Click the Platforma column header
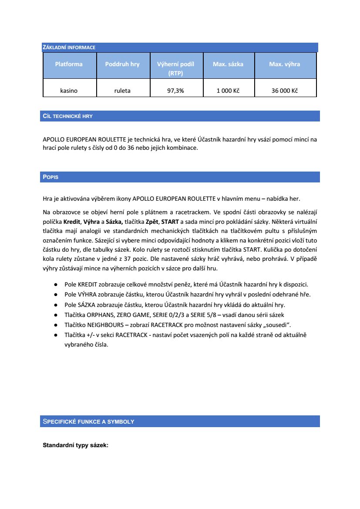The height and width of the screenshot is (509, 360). pos(69,64)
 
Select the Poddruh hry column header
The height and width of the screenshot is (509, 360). pos(122,64)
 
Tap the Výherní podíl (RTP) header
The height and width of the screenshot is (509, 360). pos(175,68)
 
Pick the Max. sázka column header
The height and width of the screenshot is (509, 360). pos(228,64)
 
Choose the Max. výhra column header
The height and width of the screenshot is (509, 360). pos(285,64)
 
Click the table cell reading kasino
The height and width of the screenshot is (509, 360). pos(69,91)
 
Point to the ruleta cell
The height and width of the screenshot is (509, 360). pos(122,91)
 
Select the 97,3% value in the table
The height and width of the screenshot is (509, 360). pos(175,91)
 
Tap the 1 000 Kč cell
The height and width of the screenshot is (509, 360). pos(228,91)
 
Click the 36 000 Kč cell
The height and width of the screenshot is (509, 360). pos(285,91)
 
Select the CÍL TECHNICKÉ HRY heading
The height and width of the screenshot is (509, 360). pos(67,116)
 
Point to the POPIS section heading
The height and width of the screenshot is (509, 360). pos(50,177)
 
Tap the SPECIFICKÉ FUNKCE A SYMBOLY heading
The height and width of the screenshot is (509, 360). pos(88,421)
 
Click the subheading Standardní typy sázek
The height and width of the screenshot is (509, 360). pos(75,445)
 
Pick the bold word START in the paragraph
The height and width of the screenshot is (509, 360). pos(170,222)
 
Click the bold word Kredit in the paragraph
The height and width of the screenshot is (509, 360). pos(72,222)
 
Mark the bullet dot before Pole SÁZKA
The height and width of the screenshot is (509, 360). pos(56,305)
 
